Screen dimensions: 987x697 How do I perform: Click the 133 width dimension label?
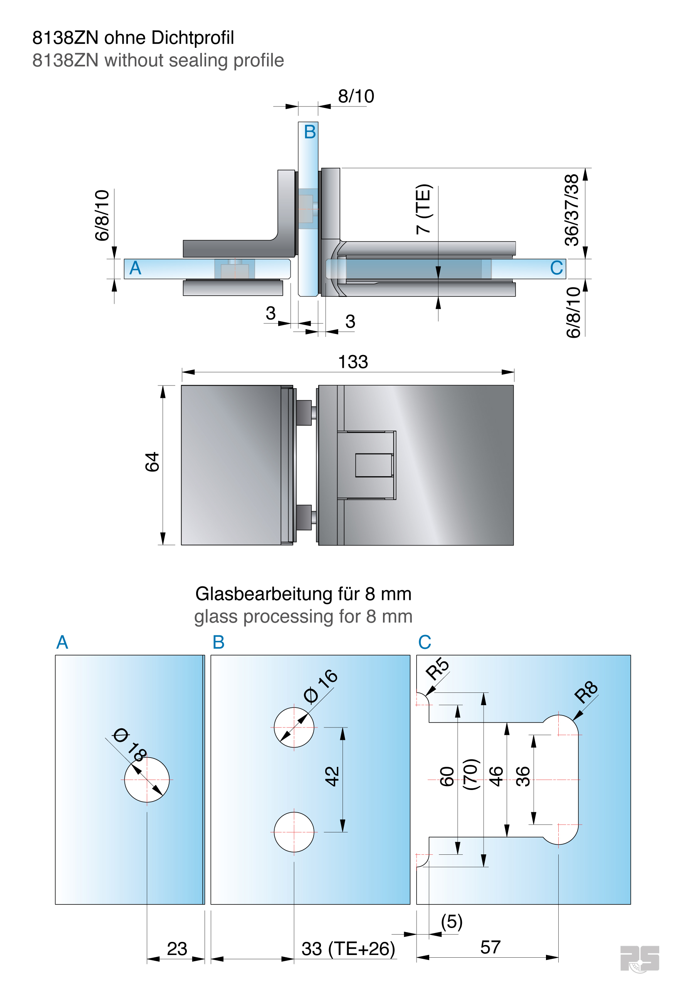(x=353, y=362)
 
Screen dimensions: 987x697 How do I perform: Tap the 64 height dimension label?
(x=152, y=462)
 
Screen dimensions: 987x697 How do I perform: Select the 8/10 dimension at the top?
(x=356, y=96)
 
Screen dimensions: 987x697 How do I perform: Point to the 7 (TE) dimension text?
(x=423, y=209)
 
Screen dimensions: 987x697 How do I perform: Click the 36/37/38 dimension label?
(x=571, y=210)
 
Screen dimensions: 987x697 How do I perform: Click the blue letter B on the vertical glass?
(x=309, y=132)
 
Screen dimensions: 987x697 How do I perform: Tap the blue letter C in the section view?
(x=556, y=268)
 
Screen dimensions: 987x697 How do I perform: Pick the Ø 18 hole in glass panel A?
(x=147, y=779)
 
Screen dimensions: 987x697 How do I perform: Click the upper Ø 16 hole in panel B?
(x=294, y=728)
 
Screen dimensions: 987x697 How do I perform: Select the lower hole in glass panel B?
(x=294, y=832)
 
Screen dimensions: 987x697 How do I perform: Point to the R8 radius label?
(x=586, y=692)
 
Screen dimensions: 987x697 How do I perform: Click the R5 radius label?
(x=437, y=669)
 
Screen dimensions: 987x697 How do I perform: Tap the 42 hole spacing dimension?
(x=332, y=776)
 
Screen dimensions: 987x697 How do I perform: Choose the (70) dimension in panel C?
(x=470, y=774)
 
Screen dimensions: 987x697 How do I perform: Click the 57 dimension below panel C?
(x=490, y=947)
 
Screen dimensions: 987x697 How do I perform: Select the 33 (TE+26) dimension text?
(x=348, y=949)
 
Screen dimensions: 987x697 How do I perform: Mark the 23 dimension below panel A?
(x=176, y=949)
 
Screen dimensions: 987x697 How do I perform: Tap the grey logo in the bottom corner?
(x=640, y=958)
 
